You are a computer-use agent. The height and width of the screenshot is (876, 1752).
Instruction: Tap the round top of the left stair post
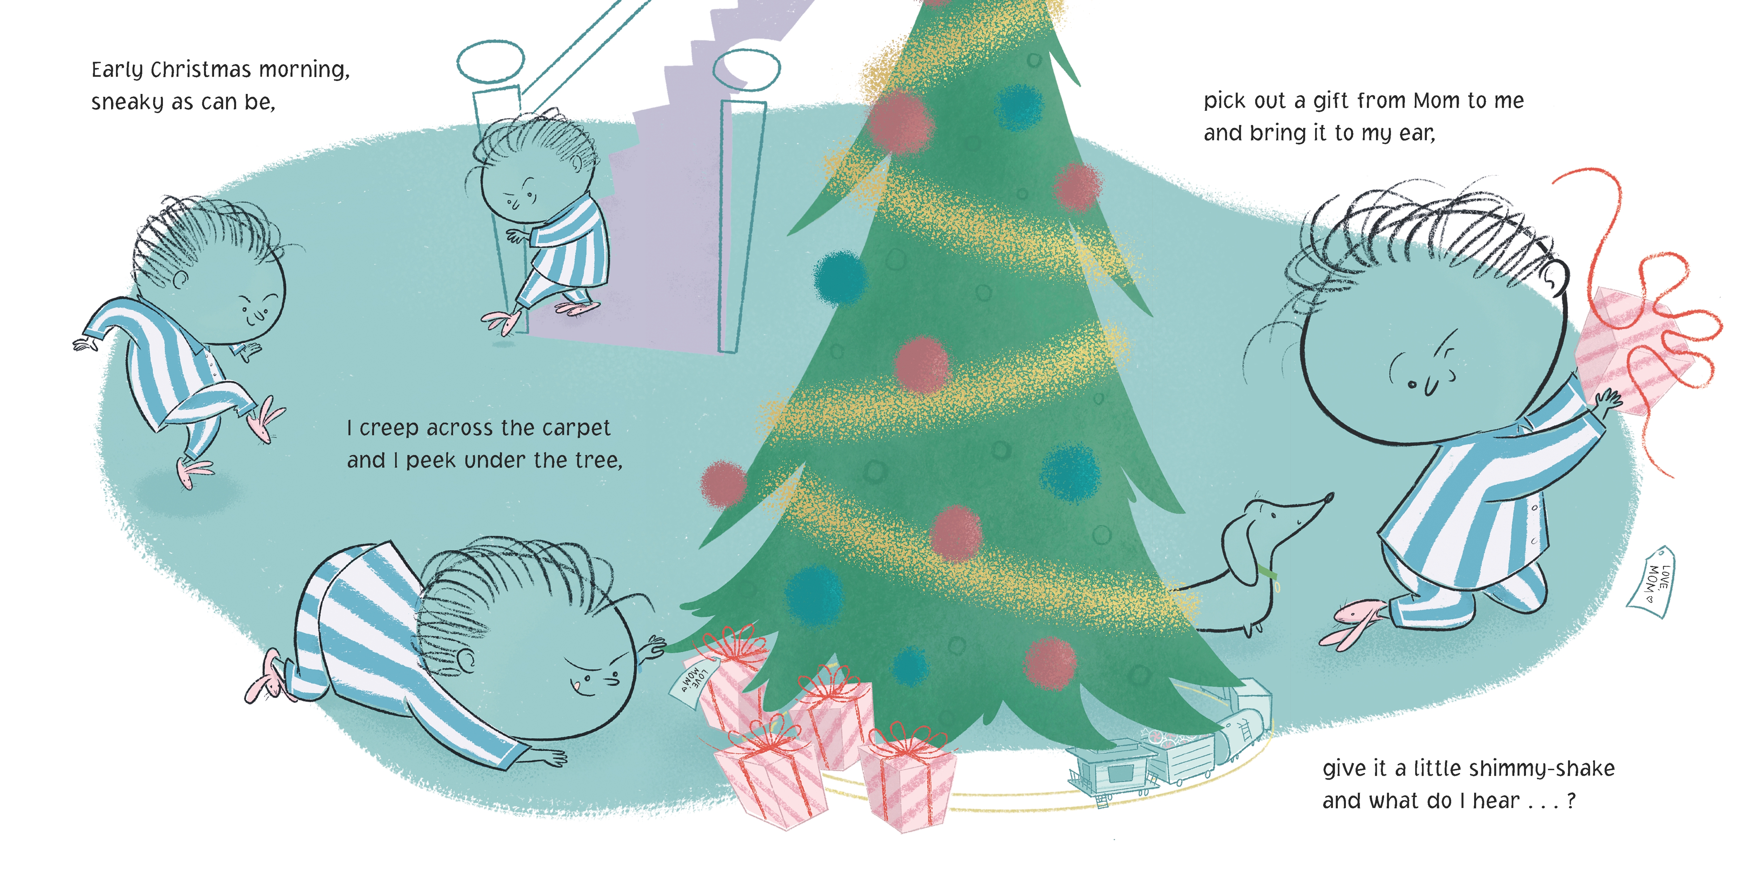pyautogui.click(x=490, y=61)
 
